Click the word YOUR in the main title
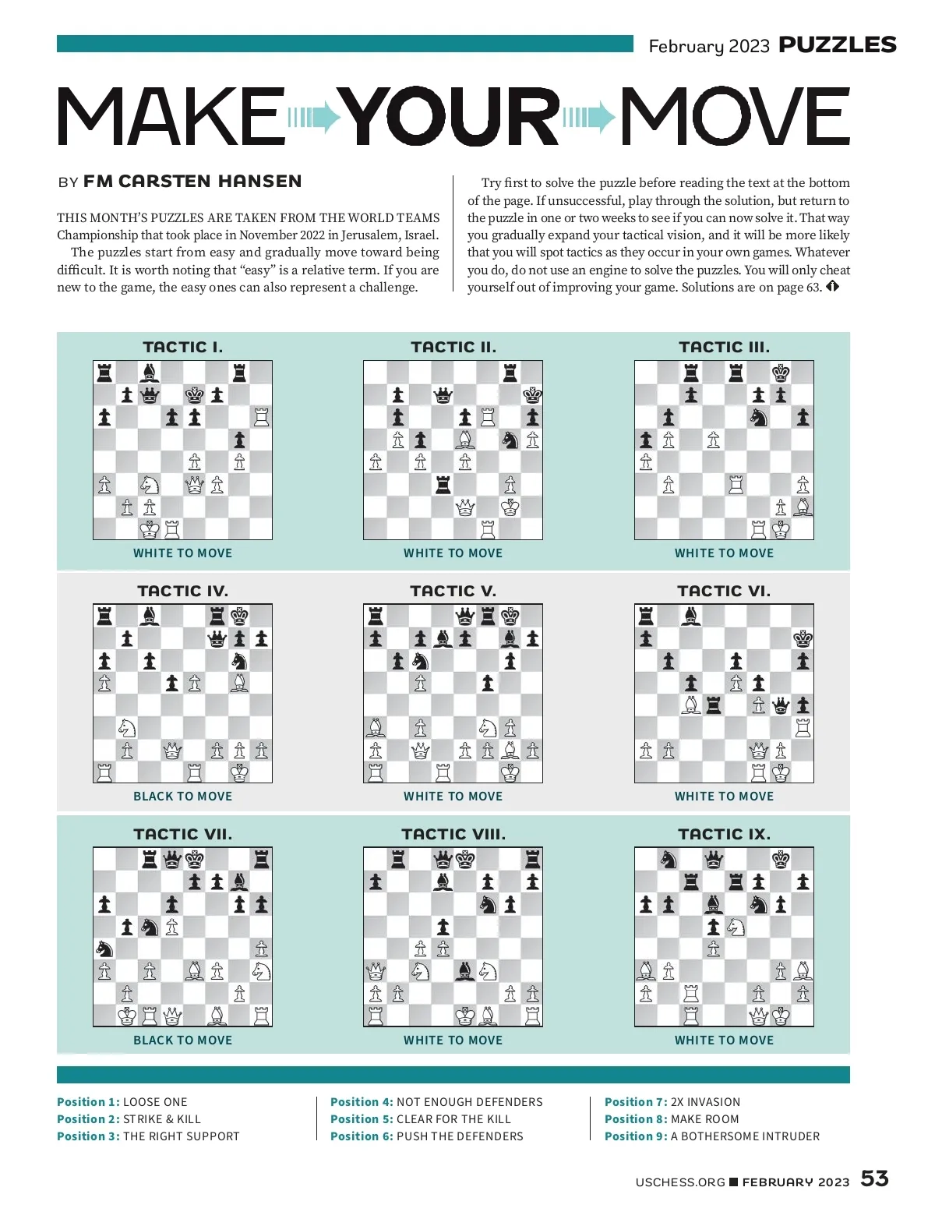(x=452, y=117)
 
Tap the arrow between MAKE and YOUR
(x=315, y=118)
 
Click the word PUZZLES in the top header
(x=838, y=45)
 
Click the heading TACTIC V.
(x=453, y=591)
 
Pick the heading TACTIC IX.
(x=724, y=834)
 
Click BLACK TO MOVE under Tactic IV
(x=182, y=797)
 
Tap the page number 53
(x=874, y=1178)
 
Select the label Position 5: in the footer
(x=362, y=1119)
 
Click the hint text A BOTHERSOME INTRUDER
(x=745, y=1136)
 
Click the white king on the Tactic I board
(x=150, y=530)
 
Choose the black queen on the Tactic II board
(x=443, y=395)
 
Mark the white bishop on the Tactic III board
(x=803, y=507)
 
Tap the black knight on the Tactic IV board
(x=239, y=661)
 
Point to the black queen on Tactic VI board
(x=781, y=706)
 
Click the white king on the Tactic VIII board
(x=465, y=1016)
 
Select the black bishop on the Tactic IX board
(x=713, y=904)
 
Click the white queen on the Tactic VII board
(x=172, y=1016)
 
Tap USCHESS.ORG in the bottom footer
(x=679, y=1182)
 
